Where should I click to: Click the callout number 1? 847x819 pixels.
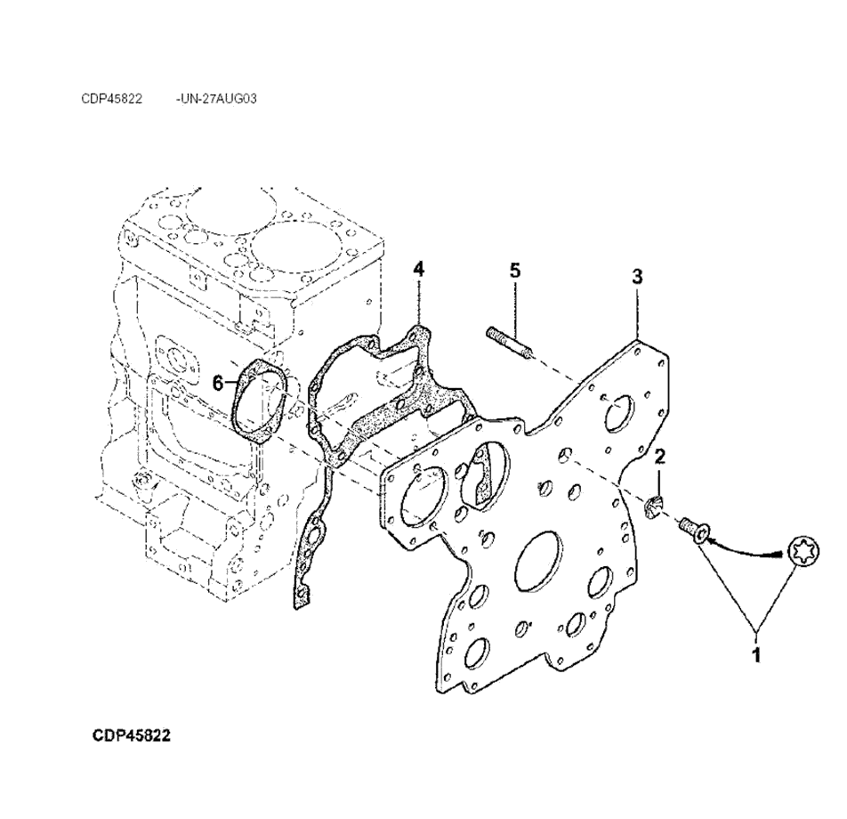click(756, 657)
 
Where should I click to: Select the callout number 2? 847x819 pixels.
click(659, 457)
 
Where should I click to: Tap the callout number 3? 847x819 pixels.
click(637, 276)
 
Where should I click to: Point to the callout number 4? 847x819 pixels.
click(418, 269)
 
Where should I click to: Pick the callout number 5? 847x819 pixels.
click(515, 270)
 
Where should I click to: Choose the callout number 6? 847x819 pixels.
click(217, 384)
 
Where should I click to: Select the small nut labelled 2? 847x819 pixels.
click(652, 509)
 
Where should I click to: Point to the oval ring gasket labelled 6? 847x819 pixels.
click(259, 401)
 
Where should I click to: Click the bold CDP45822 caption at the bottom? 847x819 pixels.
click(132, 736)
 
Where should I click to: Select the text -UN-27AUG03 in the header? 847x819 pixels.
click(217, 99)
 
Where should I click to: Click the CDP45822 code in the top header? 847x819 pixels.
click(112, 99)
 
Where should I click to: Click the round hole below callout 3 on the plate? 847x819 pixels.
click(620, 413)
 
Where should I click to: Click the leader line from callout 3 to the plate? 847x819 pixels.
click(638, 312)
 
